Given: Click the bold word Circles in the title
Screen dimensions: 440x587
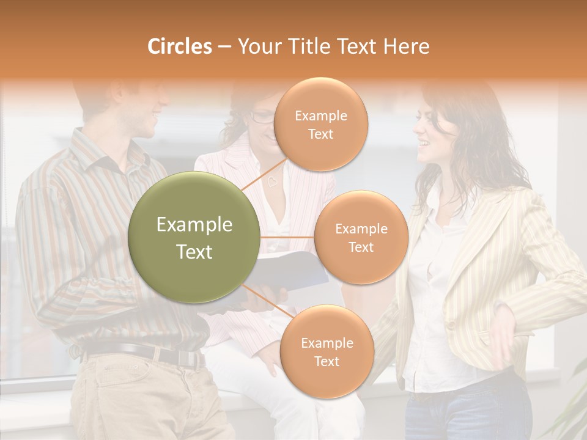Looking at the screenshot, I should tap(179, 46).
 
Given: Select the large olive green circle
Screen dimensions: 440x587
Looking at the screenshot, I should tap(194, 237).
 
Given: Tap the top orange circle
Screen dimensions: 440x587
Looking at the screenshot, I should tap(320, 124).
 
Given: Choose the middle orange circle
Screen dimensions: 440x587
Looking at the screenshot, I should tap(361, 237).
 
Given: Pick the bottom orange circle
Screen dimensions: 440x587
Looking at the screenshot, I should tap(327, 351).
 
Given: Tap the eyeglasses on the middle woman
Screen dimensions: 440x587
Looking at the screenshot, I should tap(262, 117).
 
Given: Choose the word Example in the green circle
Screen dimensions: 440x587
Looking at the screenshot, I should tap(194, 225).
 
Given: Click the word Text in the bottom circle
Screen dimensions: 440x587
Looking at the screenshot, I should tap(327, 361).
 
